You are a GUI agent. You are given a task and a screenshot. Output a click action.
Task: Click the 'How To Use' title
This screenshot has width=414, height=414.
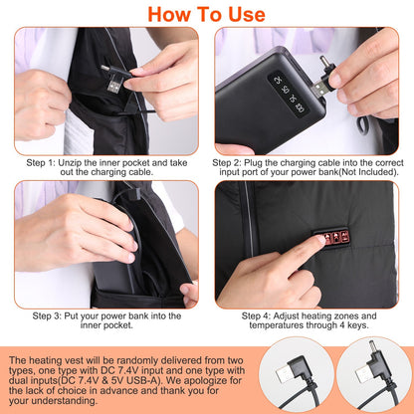pos(207,14)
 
